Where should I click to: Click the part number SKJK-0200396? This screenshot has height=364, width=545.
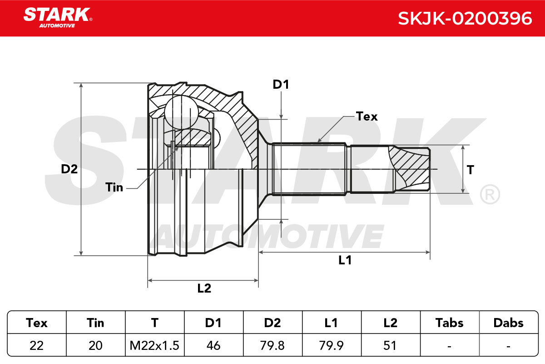coord(465,19)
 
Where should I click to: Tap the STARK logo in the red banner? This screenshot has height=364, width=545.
coord(58,18)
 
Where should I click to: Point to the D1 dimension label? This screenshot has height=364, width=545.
coord(281,85)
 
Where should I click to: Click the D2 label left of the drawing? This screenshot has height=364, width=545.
coord(69,169)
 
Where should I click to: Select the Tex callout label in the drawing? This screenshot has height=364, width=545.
coord(367,116)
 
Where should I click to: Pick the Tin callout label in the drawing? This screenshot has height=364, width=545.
coord(114,187)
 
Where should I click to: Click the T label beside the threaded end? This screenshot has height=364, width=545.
coord(471,170)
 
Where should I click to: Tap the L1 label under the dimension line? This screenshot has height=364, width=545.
coord(345,260)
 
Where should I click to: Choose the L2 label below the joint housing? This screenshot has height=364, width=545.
coord(204,288)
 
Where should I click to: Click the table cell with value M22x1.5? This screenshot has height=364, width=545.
coord(154,345)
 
